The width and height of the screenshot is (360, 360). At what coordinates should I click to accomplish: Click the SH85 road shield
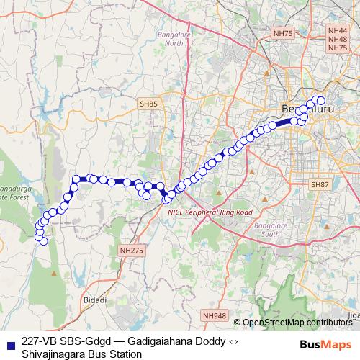tap(149, 104)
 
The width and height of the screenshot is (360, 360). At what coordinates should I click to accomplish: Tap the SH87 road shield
tap(320, 185)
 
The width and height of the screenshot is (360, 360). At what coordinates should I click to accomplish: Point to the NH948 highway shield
tap(214, 315)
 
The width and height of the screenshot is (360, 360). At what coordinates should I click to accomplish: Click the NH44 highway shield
tap(337, 31)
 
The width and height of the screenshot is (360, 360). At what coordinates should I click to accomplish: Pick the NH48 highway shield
tap(337, 40)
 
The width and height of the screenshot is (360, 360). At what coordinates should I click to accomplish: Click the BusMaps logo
tap(326, 343)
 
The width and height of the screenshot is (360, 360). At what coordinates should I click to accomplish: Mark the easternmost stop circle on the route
tap(321, 101)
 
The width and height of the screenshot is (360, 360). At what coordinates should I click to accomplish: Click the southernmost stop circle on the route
tap(44, 241)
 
